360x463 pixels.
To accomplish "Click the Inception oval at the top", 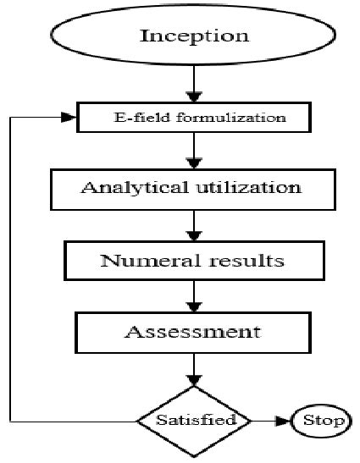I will point(194,36).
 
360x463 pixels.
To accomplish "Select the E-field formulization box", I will point(194,118).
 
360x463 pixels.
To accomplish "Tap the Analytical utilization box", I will point(194,188).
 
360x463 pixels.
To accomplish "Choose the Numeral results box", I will point(194,259).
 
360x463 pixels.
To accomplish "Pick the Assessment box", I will point(194,330).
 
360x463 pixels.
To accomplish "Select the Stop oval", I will point(322,420).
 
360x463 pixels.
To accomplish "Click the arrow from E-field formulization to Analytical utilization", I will point(195,150).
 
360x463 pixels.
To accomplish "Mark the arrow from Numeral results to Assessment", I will point(195,294).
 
